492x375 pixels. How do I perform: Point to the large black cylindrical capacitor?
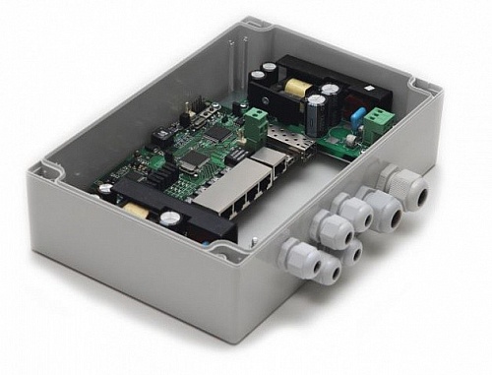(313, 117)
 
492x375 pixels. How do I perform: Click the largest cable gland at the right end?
(403, 193)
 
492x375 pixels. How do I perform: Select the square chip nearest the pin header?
(218, 128)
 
